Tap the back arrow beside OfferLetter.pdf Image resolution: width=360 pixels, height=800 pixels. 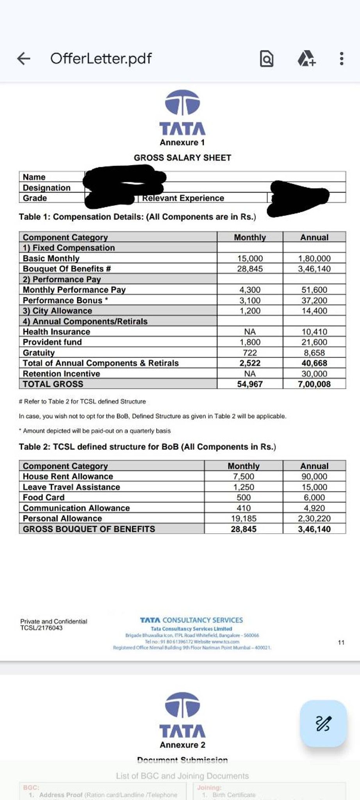pos(24,59)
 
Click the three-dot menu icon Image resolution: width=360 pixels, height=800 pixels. pos(342,59)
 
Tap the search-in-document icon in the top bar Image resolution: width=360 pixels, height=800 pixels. pos(267,59)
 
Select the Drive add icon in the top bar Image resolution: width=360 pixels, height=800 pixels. pos(307,59)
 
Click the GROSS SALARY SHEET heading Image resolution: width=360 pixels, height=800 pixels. pos(182,158)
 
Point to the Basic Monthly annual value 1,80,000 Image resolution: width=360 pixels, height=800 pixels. pos(314,259)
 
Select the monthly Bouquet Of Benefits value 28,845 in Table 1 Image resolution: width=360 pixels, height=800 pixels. pos(250,269)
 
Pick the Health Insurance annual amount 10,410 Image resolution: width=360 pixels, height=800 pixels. pos(314,332)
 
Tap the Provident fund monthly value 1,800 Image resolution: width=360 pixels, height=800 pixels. pos(250,342)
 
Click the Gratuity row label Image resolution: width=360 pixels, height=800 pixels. pos(39,353)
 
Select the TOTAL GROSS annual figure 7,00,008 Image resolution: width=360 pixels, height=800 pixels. pos(314,384)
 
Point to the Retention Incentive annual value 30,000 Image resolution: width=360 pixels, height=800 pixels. pos(314,374)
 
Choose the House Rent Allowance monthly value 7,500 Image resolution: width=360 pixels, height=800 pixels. pos(244,477)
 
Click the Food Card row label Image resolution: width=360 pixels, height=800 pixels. pos(44,497)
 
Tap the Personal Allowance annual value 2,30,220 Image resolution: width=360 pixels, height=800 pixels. pos(314,518)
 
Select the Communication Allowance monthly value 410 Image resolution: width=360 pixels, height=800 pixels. pos(244,508)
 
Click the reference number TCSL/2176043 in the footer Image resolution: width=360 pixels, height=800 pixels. pos(41,628)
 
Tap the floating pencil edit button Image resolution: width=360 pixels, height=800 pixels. pos(323,723)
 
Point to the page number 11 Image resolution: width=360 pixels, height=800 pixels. pos(341,642)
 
